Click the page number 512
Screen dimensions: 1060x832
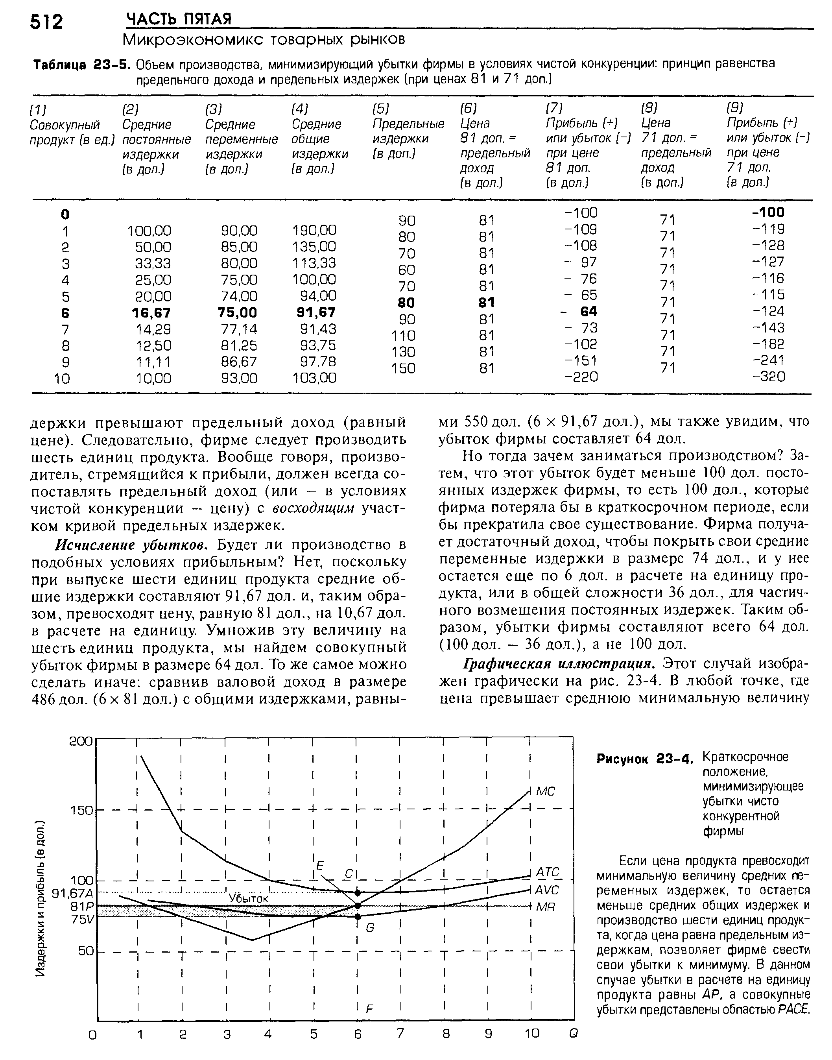[47, 22]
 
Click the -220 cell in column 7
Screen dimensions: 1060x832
[581, 377]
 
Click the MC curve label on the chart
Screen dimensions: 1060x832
[546, 790]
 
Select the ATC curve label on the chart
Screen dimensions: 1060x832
[548, 871]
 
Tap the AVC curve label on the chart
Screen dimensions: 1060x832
[548, 890]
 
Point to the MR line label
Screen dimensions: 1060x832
[546, 907]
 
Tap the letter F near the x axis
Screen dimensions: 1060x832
[369, 1008]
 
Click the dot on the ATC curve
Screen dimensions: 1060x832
[358, 892]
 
